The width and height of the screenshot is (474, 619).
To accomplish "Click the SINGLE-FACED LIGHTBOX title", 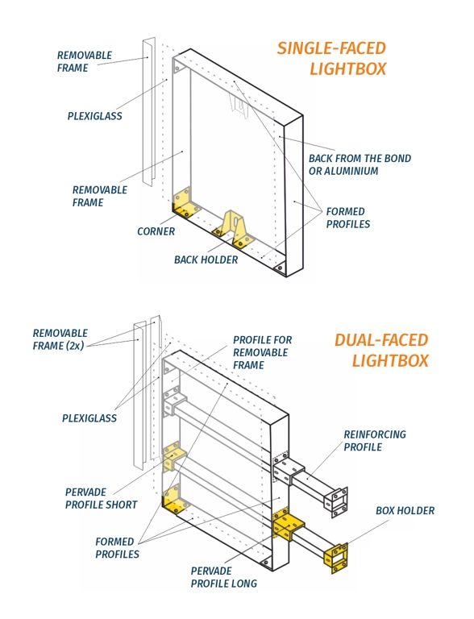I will coord(331,59).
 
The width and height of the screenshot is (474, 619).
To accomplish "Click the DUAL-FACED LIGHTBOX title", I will coord(381,350).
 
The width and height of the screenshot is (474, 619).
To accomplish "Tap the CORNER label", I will coord(156,231).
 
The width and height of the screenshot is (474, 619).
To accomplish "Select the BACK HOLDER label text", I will coord(206,260).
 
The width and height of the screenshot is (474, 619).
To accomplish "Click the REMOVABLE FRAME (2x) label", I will coord(60,339).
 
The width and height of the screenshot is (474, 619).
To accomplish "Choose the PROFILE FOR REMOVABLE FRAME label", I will coord(262,352).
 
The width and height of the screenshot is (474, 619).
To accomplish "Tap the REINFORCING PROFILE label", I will coord(374,440).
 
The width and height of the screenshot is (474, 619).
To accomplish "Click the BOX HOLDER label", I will coord(405,511).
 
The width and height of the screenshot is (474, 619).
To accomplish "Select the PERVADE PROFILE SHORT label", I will coord(101,498).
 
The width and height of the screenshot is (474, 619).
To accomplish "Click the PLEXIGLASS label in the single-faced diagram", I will coord(94,116).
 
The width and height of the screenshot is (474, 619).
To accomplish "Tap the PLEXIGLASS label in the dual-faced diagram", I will coord(89,418).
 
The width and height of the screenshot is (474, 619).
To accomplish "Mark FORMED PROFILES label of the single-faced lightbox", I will coord(347,218).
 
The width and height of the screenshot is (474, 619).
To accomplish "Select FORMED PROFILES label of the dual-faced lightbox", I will coord(117,548).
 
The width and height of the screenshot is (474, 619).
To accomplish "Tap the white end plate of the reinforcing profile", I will coord(336,501).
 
